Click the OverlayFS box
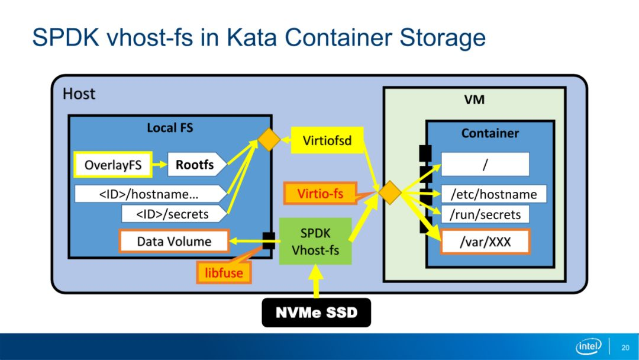click(113, 165)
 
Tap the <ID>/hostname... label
click(149, 194)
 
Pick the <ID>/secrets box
click(174, 214)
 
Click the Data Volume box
click(174, 242)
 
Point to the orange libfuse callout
click(224, 272)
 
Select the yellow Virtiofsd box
click(327, 141)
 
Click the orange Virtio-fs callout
click(320, 193)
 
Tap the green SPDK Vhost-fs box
click(315, 241)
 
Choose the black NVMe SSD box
click(316, 313)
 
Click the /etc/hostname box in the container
click(493, 194)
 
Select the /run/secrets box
click(485, 214)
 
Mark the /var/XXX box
click(485, 242)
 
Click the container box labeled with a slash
click(485, 164)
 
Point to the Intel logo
click(589, 346)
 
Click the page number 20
click(625, 348)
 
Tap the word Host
click(79, 94)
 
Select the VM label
click(475, 99)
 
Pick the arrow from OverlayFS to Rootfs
click(160, 164)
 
